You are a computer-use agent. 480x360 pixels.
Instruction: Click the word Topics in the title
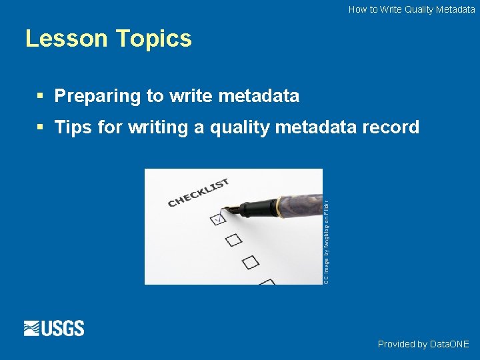153,39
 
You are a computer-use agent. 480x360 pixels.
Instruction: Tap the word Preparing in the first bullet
97,96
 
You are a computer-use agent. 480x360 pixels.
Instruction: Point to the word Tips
73,127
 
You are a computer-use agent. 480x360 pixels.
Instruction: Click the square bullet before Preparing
41,96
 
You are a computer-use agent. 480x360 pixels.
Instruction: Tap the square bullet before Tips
41,127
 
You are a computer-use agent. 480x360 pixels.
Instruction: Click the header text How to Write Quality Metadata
411,9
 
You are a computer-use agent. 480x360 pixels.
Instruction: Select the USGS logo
54,328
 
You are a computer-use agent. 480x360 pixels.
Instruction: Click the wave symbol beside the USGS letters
32,328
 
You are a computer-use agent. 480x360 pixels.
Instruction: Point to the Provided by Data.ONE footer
423,344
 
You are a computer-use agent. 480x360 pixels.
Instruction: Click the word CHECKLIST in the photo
198,192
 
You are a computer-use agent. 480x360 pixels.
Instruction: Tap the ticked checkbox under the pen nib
217,218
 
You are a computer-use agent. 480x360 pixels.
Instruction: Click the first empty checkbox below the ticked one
233,239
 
